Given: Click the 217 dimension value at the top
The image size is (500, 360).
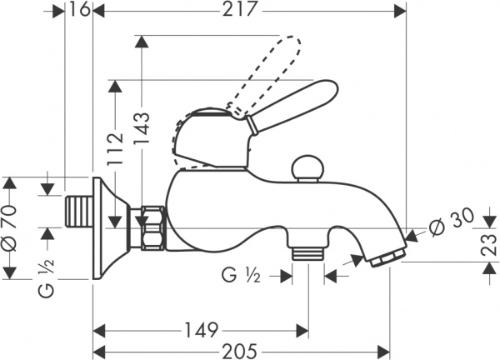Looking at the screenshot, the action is click(x=239, y=9).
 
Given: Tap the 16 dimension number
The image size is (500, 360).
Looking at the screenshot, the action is click(x=79, y=9).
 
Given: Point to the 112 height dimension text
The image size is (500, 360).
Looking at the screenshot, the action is click(x=115, y=148).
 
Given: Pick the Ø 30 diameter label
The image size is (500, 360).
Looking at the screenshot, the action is click(x=451, y=222).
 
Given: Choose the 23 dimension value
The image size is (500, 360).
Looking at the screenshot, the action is click(x=488, y=244).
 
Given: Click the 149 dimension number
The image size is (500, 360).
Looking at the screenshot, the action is click(x=202, y=330).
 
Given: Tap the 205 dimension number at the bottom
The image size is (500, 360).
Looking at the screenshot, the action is click(x=239, y=352).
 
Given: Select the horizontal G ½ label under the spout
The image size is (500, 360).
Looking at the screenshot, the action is click(x=242, y=275).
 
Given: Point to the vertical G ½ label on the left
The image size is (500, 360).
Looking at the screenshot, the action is click(x=47, y=277).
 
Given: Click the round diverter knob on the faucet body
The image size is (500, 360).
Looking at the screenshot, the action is click(x=307, y=168).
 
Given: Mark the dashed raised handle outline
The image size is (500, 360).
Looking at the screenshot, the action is click(x=237, y=102).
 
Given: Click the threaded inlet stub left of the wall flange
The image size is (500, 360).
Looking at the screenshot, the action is click(x=78, y=212).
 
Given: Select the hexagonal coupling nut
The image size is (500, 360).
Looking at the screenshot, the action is click(x=153, y=227).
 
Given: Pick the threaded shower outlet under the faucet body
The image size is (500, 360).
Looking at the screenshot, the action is click(x=308, y=253).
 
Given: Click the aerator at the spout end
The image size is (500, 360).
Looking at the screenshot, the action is click(x=388, y=257).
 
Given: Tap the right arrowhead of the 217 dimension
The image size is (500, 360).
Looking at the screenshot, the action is click(x=401, y=12).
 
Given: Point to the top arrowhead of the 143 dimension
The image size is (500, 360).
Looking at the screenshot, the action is click(x=142, y=42).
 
